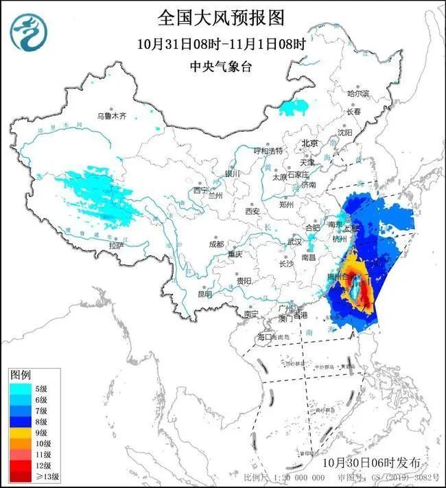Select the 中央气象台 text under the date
[x=222, y=67]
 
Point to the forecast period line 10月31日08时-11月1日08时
[x=222, y=43]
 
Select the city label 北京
[x=310, y=143]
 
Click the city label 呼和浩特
[x=268, y=150]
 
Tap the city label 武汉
[x=294, y=242]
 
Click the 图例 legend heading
[x=21, y=375]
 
